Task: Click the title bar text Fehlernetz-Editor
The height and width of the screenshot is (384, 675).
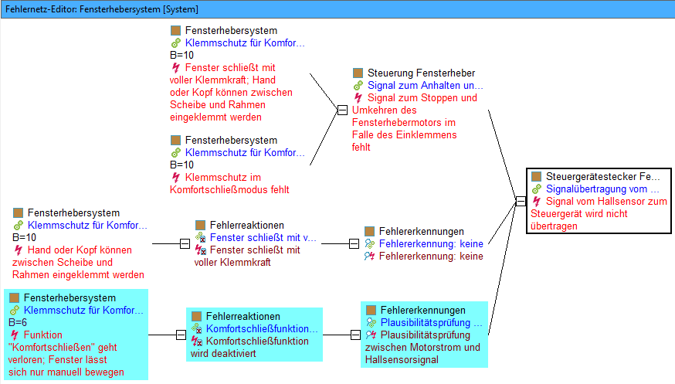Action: point(41,9)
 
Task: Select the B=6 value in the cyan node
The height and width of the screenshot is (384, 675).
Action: point(18,322)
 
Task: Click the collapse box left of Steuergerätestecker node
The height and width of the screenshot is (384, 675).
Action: point(521,201)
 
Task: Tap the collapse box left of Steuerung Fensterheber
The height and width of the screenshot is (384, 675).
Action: point(342,110)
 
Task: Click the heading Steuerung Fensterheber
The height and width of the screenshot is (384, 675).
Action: point(421,73)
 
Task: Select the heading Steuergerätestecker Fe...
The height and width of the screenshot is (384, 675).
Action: point(602,176)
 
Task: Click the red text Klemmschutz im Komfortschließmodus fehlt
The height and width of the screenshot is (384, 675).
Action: point(229,183)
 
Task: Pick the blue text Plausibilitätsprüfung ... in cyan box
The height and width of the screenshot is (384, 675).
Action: point(432,322)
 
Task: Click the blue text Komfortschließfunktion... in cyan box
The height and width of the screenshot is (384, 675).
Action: point(262,329)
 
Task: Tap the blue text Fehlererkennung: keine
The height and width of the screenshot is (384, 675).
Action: point(431,244)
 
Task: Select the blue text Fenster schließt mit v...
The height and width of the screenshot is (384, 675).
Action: point(263,238)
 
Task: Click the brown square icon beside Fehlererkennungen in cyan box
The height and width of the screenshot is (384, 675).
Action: point(371,310)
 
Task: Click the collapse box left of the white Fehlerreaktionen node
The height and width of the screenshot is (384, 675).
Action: point(185,243)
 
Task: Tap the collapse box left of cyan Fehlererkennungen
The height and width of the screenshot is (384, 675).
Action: point(355,335)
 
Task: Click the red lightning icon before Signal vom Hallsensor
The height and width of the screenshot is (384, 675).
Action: point(537,202)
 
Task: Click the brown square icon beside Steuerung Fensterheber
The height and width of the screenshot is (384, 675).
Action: point(358,73)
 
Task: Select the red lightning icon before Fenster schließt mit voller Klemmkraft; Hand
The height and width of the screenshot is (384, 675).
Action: point(175,67)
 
